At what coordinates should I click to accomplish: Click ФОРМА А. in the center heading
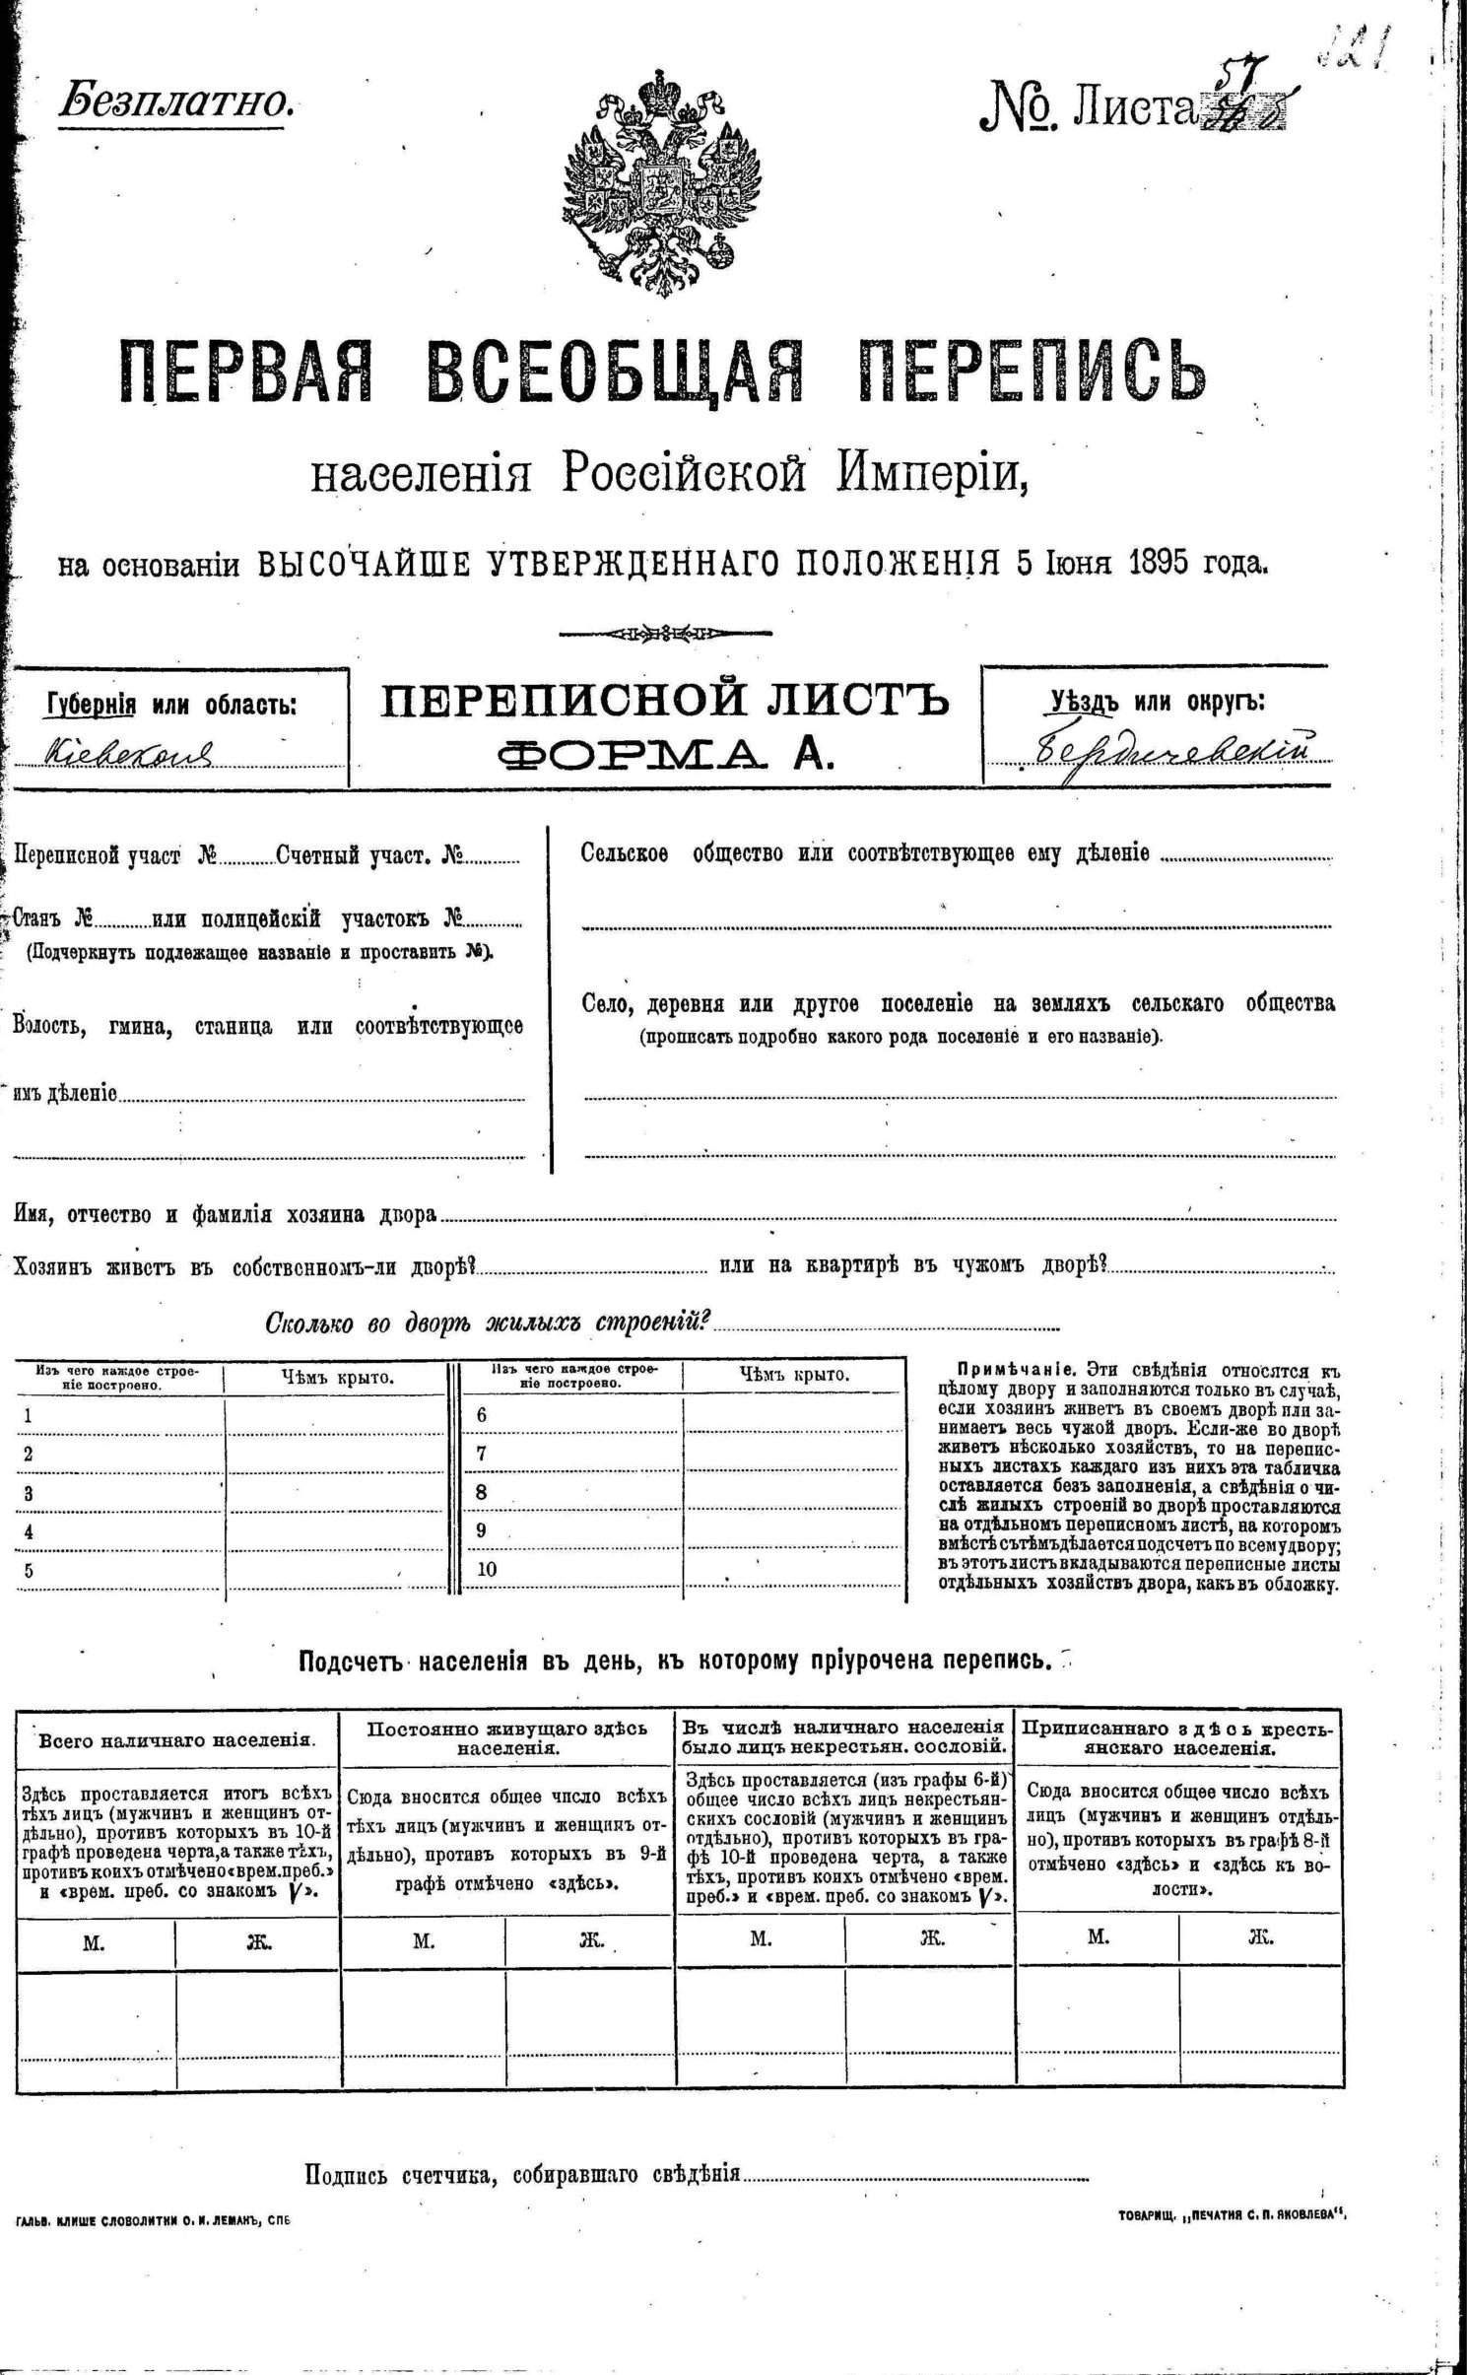pyautogui.click(x=665, y=755)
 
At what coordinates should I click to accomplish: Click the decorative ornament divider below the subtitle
pyautogui.click(x=665, y=633)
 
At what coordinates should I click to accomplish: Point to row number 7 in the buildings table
pyautogui.click(x=482, y=1454)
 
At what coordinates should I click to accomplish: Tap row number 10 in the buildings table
pyautogui.click(x=487, y=1569)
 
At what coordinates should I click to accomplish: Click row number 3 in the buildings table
pyautogui.click(x=29, y=1493)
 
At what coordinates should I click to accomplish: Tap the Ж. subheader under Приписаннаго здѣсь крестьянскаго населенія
pyautogui.click(x=1259, y=1936)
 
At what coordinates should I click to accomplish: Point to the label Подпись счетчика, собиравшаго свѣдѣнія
pyautogui.click(x=522, y=2173)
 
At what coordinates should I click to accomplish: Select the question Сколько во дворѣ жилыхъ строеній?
pyautogui.click(x=489, y=1323)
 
